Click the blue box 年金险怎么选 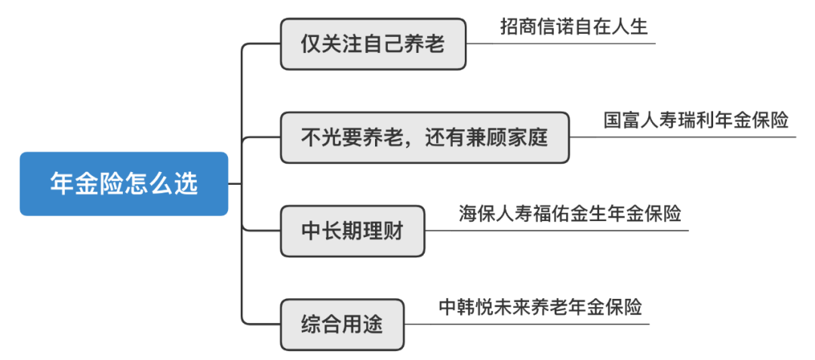point(124,184)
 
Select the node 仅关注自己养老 point(373,45)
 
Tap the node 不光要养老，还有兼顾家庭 point(425,138)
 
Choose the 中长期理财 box point(352,231)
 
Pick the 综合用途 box point(342,325)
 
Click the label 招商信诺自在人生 point(574,27)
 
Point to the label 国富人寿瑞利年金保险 point(696,121)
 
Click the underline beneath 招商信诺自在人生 point(561,44)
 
